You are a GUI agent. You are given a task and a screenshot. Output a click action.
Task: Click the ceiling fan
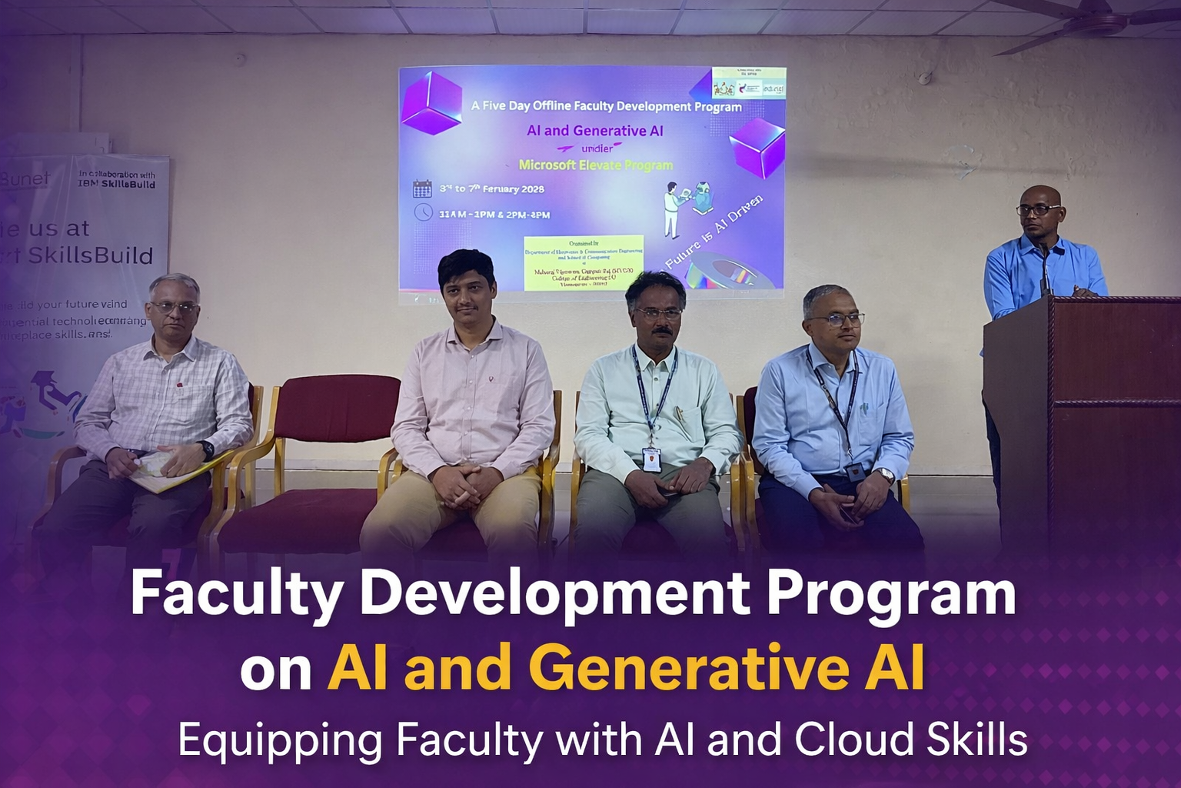click(1092, 23)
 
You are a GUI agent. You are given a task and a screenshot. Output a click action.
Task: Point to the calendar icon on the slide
click(422, 189)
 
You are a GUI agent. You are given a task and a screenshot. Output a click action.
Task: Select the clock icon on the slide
click(423, 212)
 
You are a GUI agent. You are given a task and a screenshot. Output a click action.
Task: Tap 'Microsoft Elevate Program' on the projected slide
click(595, 165)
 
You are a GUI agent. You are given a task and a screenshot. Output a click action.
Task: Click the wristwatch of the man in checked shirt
click(206, 449)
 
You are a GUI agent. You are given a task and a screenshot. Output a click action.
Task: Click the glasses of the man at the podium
click(1038, 209)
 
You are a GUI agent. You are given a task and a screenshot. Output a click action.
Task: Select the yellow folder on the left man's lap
click(165, 472)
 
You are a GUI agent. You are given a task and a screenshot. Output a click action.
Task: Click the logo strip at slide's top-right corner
click(748, 82)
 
